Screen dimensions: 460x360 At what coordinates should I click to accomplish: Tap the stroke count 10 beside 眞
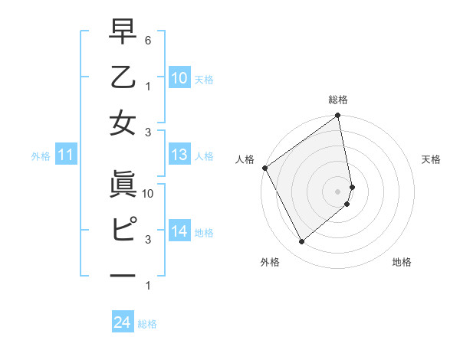click(x=149, y=194)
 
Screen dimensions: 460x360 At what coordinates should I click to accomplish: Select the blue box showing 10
click(x=179, y=77)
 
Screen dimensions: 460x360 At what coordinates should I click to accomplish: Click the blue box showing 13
click(x=179, y=155)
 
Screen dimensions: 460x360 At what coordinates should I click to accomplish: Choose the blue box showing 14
click(x=179, y=231)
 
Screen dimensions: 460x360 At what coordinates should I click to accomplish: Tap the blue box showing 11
click(x=65, y=155)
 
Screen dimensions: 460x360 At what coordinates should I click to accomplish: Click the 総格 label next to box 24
click(x=147, y=324)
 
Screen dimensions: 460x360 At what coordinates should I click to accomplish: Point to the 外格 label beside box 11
click(x=41, y=156)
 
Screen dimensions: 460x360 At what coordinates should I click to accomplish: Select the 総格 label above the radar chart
click(x=338, y=100)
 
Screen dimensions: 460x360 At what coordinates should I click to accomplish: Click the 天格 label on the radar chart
click(x=432, y=159)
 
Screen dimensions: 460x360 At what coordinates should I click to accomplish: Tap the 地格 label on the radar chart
click(x=402, y=262)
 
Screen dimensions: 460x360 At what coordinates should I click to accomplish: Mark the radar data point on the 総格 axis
click(x=338, y=116)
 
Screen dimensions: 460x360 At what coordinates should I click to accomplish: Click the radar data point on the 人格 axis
click(x=265, y=168)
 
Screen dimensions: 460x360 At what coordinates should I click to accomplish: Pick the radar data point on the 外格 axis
click(x=302, y=242)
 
